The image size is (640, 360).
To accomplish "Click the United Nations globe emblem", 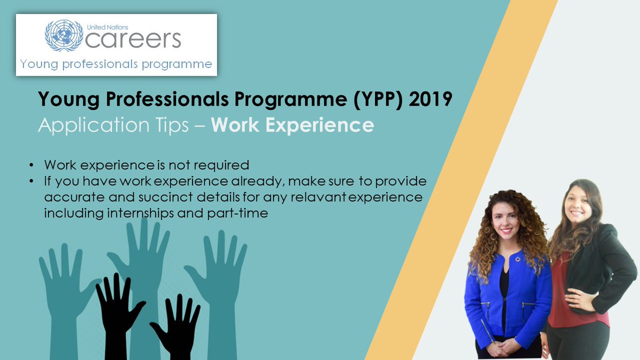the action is (x=64, y=35).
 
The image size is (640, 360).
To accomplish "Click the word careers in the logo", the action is (x=133, y=39).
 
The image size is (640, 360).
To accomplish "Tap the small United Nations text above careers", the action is (x=107, y=27).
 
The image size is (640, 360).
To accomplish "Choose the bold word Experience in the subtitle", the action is (x=319, y=126).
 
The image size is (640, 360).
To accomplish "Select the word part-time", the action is (x=237, y=214).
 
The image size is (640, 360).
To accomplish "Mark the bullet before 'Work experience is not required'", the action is (x=31, y=165).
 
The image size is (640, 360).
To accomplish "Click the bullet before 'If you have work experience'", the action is (x=31, y=181).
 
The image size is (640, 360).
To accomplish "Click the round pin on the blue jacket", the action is (x=517, y=259).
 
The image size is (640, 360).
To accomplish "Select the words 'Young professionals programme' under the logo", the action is (x=116, y=65).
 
